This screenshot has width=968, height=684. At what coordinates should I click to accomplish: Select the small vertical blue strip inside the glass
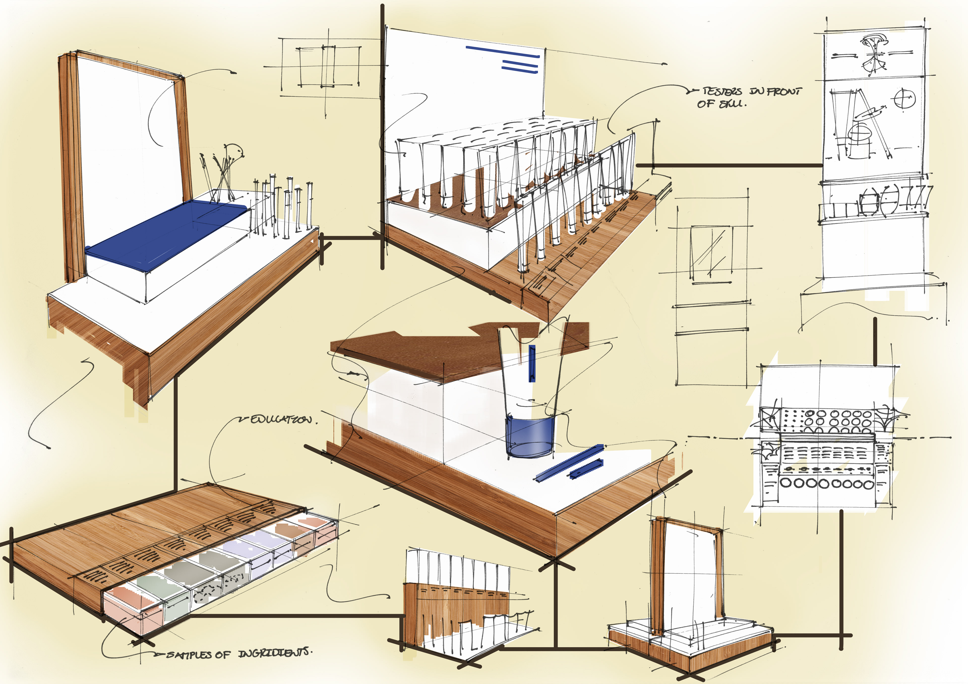pyautogui.click(x=532, y=363)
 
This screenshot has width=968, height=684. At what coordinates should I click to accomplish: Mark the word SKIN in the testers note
pyautogui.click(x=732, y=104)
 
